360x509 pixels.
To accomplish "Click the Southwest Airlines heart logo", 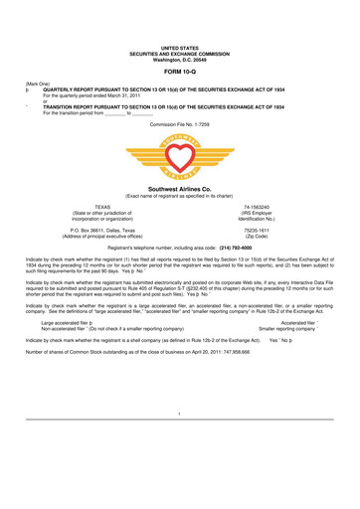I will click(x=180, y=149).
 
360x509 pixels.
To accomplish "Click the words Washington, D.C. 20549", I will click(x=180, y=30).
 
